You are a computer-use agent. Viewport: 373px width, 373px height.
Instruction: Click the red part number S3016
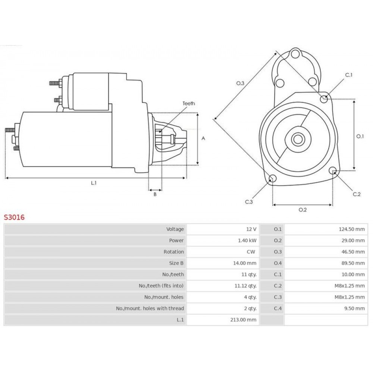pyautogui.click(x=14, y=217)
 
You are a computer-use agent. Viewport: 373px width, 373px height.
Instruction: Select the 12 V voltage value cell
pyautogui.click(x=251, y=229)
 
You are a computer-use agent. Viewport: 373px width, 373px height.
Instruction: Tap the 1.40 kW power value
pyautogui.click(x=247, y=241)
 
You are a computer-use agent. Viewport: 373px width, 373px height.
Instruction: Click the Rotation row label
pyautogui.click(x=174, y=252)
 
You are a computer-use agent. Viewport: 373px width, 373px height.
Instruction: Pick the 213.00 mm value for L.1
pyautogui.click(x=243, y=320)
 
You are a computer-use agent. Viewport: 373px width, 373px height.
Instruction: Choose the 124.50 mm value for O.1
pyautogui.click(x=352, y=229)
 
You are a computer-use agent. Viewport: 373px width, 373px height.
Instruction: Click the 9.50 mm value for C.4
pyautogui.click(x=354, y=308)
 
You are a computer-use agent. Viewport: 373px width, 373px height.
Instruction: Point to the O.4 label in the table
pyautogui.click(x=278, y=263)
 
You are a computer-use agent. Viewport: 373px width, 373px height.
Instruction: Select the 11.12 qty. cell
pyautogui.click(x=245, y=286)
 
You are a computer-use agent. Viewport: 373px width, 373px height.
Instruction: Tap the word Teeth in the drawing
pyautogui.click(x=189, y=103)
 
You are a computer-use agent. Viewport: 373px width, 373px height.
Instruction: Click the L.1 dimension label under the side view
pyautogui.click(x=94, y=183)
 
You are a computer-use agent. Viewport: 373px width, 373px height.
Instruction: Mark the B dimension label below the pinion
pyautogui.click(x=155, y=194)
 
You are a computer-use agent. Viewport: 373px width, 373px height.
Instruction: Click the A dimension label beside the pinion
pyautogui.click(x=203, y=138)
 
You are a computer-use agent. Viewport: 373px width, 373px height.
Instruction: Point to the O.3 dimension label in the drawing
pyautogui.click(x=240, y=83)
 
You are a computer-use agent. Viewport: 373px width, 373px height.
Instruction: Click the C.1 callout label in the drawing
pyautogui.click(x=349, y=75)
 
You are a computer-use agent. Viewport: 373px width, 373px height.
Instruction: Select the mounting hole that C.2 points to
pyautogui.click(x=333, y=170)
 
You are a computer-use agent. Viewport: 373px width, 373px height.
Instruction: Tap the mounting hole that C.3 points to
pyautogui.click(x=272, y=178)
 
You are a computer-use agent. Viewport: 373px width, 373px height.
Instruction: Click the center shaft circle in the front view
pyautogui.click(x=298, y=139)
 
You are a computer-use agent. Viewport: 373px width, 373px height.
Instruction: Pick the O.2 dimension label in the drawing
pyautogui.click(x=303, y=210)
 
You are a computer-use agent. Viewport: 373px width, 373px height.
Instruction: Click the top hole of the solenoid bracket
pyautogui.click(x=295, y=53)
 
